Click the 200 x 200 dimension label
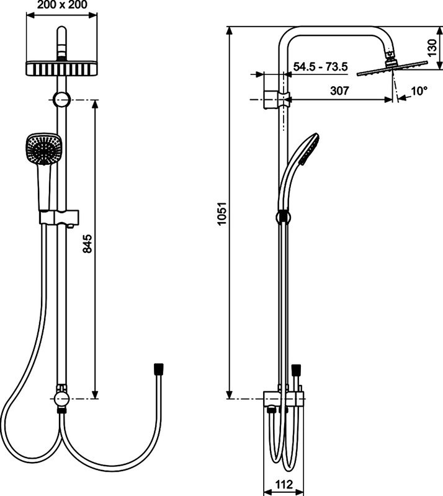click(61, 5)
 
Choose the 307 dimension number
click(339, 91)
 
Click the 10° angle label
click(419, 91)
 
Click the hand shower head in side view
click(308, 149)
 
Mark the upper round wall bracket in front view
click(61, 99)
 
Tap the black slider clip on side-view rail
click(282, 216)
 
